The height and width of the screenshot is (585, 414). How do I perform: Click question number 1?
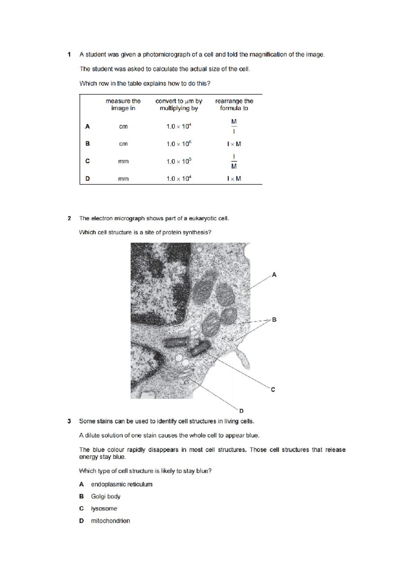click(x=69, y=54)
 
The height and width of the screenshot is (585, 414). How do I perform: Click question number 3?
click(x=69, y=421)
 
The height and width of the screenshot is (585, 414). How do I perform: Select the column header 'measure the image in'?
click(x=123, y=105)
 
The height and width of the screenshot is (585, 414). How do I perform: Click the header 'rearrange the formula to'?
click(x=234, y=105)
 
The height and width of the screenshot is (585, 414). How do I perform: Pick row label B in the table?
click(x=88, y=143)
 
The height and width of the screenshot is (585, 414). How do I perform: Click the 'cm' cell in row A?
click(x=123, y=127)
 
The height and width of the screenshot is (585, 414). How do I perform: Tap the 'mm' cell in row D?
click(x=123, y=179)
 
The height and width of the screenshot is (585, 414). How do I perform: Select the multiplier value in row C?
click(x=179, y=161)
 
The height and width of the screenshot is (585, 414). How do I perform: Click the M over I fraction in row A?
click(x=234, y=126)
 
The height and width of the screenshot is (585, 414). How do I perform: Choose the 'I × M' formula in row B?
click(x=234, y=144)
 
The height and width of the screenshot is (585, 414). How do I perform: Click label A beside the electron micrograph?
click(x=274, y=275)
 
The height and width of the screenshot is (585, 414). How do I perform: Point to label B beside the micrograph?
click(x=274, y=320)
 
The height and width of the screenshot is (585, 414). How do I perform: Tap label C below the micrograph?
click(x=273, y=389)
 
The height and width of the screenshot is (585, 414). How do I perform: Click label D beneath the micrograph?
click(x=241, y=411)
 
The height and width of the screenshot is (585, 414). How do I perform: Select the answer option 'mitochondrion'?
click(x=110, y=521)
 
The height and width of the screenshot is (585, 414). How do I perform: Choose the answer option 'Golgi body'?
click(x=106, y=496)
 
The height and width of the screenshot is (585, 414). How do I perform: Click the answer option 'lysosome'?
click(x=104, y=508)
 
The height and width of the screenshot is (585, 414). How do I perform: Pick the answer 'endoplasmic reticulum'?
click(x=121, y=484)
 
